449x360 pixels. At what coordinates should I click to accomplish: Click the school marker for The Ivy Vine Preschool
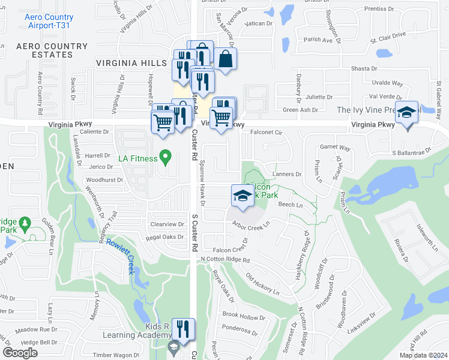[x=407, y=113]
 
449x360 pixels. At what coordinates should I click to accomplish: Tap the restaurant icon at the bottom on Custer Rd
[x=183, y=329]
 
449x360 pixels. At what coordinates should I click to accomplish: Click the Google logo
[x=20, y=353]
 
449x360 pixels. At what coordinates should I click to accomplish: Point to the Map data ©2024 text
[x=423, y=355]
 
